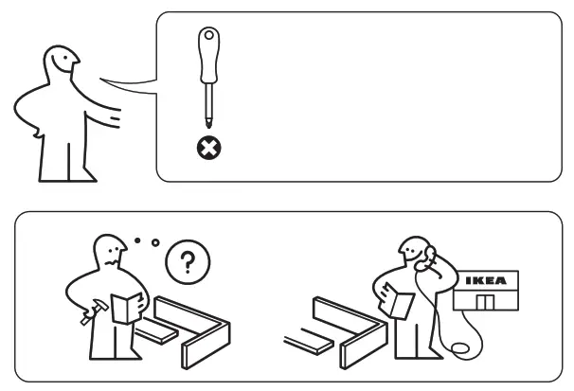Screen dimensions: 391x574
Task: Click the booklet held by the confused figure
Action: coord(125,309)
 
